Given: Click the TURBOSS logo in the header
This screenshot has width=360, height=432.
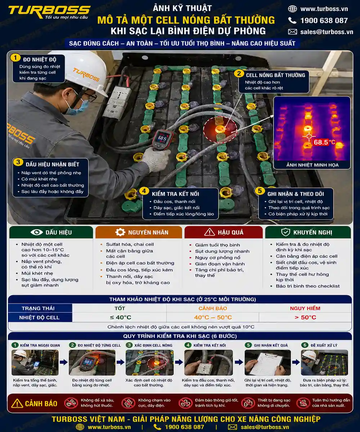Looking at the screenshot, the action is pos(49,12).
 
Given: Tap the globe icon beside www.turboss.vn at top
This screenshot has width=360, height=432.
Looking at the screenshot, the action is pos(292,9).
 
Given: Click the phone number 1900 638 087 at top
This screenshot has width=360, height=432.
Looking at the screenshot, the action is pos(324,21).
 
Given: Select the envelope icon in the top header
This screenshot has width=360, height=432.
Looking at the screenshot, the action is pos(292,32).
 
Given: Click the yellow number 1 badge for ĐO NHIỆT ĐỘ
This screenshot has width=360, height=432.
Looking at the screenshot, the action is pos(15,58).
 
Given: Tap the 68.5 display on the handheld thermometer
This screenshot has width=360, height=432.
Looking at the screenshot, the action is pos(162,138).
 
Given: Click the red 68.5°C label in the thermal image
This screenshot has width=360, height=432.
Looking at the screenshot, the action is pos(324,142).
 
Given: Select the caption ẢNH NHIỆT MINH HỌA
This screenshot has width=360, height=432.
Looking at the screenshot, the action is pos(312,165).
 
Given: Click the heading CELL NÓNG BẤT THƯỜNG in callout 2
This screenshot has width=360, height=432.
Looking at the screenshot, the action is pos(275,75).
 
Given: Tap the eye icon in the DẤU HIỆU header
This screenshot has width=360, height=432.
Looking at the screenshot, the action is pos(37,232).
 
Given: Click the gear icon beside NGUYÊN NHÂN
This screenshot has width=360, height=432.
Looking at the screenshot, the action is pos(120,232).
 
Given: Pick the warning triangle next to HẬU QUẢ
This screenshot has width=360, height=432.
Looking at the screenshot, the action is pos(210,232).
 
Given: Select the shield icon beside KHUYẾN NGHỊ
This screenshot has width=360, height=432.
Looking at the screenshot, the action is pos(285,232).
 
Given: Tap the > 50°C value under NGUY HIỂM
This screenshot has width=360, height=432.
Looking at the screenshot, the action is pos(305,317).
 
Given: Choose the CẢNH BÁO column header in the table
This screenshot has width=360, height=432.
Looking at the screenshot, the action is pos(213,308).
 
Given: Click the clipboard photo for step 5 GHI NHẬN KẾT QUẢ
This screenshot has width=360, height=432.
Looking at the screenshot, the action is pos(267,363).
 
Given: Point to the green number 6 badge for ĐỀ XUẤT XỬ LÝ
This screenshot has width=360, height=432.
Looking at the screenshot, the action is pos(305,345).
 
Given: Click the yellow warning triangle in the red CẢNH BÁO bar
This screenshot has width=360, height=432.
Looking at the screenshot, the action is pos(17,403).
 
